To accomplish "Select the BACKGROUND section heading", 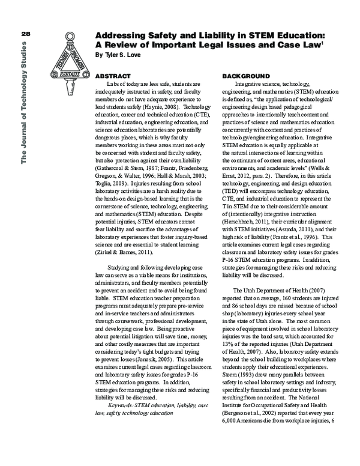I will click(x=246, y=77).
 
